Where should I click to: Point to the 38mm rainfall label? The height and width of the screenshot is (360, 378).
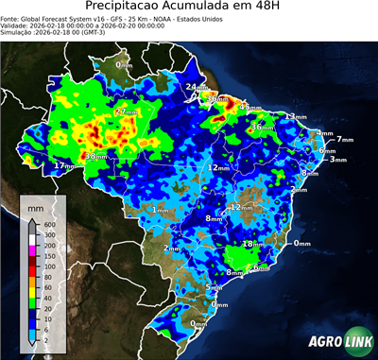point(95,156)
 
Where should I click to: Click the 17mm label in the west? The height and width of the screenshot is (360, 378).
point(63,166)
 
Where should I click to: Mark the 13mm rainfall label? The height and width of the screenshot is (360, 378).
point(298,116)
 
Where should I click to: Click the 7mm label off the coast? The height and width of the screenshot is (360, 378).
point(343,140)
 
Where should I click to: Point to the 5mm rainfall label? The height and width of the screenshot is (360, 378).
point(214,287)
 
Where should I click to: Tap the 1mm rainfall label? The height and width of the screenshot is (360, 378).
point(160,210)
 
